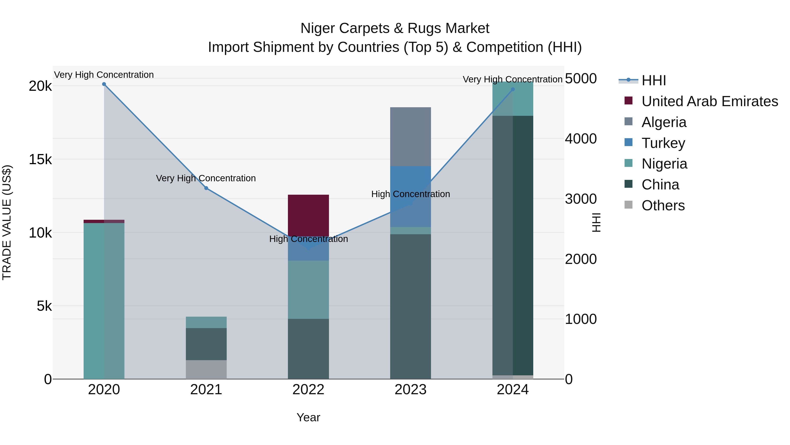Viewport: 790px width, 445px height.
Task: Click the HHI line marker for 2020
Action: coord(104,84)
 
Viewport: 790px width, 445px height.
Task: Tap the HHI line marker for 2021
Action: coord(206,188)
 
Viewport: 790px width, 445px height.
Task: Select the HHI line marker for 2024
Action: coord(513,89)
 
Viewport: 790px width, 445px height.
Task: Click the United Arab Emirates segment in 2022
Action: coord(308,215)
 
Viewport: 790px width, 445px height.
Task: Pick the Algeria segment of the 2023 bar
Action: coord(410,137)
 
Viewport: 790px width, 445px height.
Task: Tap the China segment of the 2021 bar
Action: coord(206,344)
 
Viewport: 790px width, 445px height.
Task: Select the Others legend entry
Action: coord(663,205)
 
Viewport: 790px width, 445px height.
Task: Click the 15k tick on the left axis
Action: coord(40,159)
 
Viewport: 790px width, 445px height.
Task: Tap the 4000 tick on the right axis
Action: coord(580,139)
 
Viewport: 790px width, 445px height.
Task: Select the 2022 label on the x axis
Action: coord(308,390)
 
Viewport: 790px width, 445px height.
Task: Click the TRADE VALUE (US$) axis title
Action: coord(7,222)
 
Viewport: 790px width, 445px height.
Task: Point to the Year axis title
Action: coord(308,417)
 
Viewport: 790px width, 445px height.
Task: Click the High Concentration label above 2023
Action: coord(410,194)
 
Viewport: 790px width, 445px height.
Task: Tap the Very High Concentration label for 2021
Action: coord(206,178)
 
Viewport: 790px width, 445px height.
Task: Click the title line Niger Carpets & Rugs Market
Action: coord(395,28)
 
